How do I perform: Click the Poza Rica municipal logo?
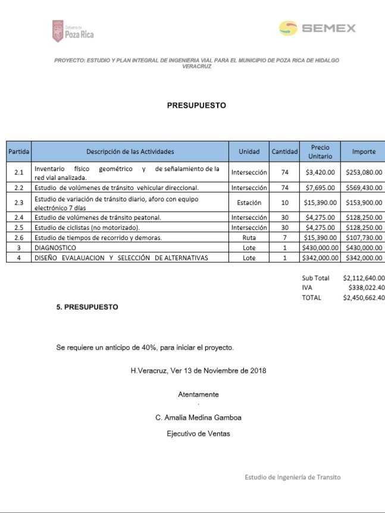73,31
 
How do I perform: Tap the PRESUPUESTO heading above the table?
196,106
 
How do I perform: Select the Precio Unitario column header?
320,152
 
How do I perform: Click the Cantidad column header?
284,152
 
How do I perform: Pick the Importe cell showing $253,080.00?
364,172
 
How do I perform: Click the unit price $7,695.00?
320,188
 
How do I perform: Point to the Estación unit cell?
249,203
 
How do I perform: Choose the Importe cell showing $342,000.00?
364,257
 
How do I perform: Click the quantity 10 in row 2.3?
284,203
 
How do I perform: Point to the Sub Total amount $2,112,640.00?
364,278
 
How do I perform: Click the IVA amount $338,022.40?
366,288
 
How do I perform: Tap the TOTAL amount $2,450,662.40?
364,298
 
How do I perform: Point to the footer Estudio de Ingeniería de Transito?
293,477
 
